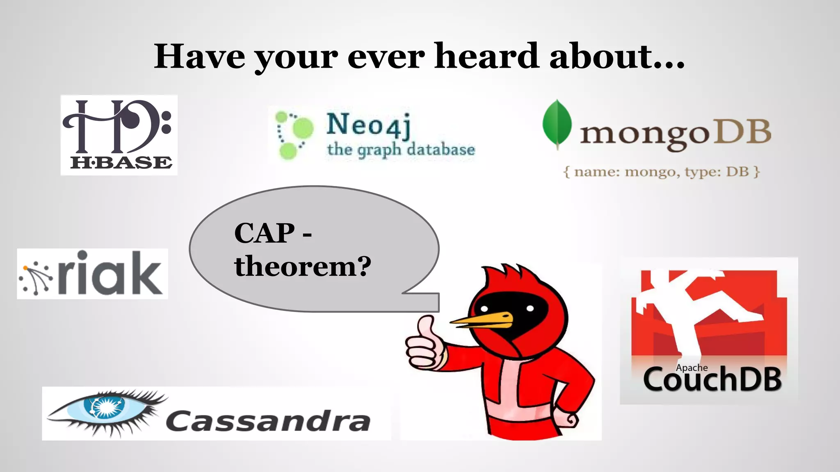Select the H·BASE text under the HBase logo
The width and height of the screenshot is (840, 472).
point(121,163)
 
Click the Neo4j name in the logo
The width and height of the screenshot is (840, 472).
point(368,125)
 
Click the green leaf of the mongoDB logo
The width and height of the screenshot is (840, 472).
point(557,123)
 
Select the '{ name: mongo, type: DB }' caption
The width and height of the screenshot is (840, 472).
point(662,171)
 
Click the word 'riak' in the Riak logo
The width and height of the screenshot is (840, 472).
point(110,273)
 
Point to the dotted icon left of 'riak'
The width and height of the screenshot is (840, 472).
point(35,277)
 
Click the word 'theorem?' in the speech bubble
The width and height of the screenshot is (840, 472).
point(303,266)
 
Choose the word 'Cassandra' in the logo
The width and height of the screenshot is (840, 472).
point(268,421)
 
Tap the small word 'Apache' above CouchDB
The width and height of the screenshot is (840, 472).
point(692,368)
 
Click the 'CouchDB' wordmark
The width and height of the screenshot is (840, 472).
point(712,380)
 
